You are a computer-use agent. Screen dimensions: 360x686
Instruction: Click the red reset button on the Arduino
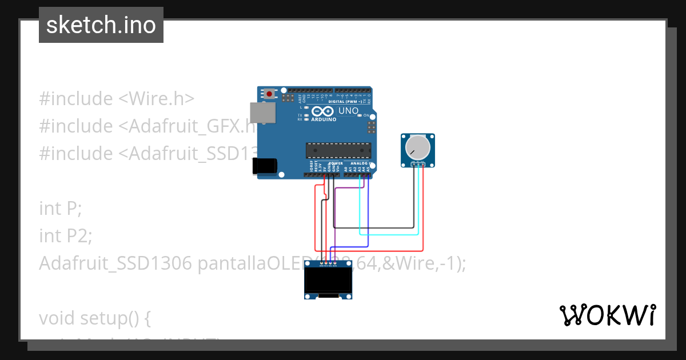[x=269, y=93]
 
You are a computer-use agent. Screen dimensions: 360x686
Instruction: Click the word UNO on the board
[x=349, y=111]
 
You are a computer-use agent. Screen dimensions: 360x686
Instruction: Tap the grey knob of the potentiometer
[x=418, y=148]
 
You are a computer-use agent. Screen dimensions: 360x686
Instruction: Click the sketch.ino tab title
[x=101, y=25]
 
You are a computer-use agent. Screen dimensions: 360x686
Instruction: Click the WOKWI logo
[x=607, y=315]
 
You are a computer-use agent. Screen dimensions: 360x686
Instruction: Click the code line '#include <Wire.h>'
[x=117, y=98]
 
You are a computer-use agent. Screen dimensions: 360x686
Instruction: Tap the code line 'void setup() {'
[x=94, y=318]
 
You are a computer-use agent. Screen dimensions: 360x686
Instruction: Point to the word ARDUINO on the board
[x=324, y=119]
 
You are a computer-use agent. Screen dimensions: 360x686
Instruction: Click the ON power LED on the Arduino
[x=360, y=115]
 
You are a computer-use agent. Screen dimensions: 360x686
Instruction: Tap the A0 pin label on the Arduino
[x=346, y=169]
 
